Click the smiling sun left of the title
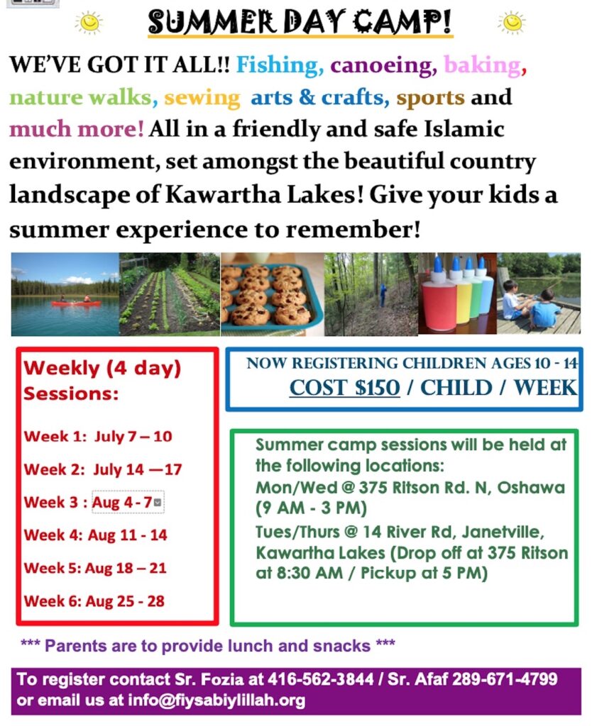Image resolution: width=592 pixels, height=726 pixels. point(89,22)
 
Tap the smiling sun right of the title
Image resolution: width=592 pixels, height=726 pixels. point(512,22)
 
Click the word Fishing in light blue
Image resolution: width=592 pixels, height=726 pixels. point(280,65)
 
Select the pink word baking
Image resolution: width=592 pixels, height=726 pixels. point(482,65)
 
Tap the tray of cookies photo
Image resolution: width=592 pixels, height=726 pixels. point(272,294)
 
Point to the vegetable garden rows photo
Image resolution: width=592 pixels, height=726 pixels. point(170,294)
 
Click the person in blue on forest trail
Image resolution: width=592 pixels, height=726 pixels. point(383,296)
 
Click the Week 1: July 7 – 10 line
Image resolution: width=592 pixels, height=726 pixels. point(98,436)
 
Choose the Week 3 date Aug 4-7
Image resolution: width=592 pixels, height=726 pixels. point(122,503)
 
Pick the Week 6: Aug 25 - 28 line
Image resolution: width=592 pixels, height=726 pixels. point(94,601)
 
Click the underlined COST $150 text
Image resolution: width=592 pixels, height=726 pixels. point(344,388)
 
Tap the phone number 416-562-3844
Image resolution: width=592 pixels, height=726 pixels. point(320,679)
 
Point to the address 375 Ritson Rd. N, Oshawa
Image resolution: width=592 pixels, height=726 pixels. point(461,488)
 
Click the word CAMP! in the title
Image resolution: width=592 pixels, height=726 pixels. point(402,22)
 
